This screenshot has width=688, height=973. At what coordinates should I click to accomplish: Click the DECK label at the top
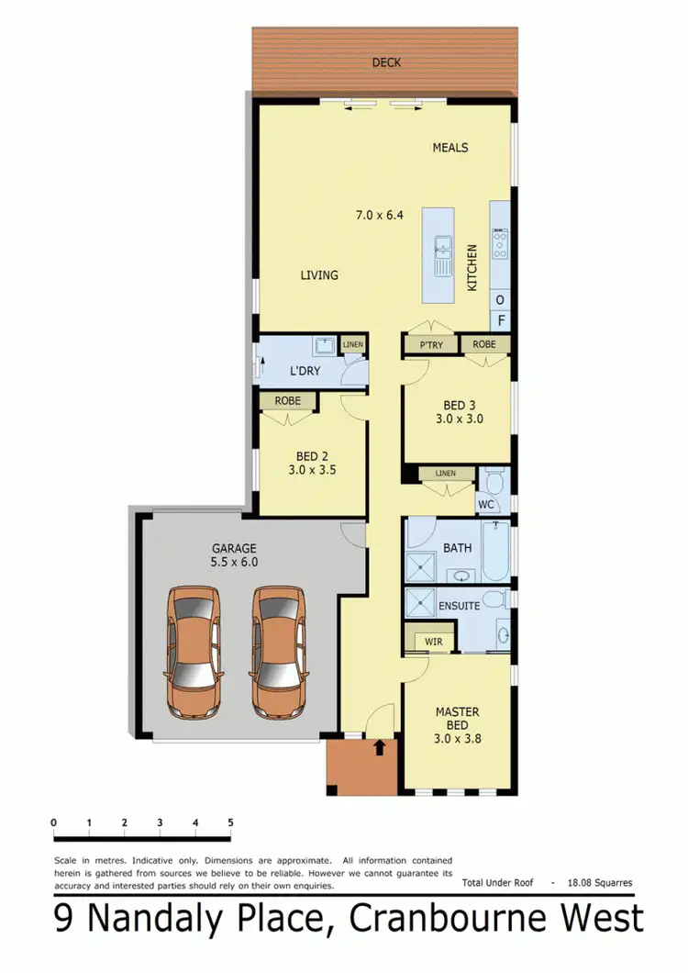[385, 63]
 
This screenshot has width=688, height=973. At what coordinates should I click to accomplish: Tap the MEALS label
[450, 148]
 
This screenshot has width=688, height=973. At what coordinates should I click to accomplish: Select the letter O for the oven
[500, 300]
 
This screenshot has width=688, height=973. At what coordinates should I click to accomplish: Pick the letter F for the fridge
[500, 321]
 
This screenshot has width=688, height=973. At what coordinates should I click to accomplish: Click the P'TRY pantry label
[430, 344]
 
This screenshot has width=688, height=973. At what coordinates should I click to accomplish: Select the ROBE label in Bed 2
[287, 401]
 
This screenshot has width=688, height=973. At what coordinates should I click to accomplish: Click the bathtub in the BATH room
[495, 553]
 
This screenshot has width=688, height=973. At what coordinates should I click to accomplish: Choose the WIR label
[434, 640]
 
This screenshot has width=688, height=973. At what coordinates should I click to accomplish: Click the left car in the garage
[194, 652]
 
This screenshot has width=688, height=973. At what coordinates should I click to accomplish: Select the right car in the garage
[279, 652]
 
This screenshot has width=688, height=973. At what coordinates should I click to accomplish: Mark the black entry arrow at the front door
[379, 747]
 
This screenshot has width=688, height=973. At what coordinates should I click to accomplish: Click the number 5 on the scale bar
[230, 822]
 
